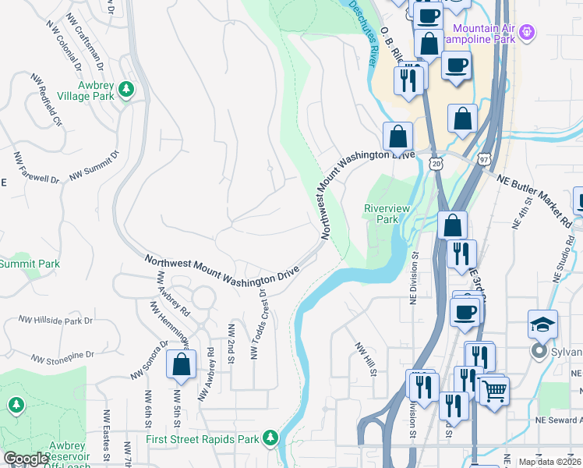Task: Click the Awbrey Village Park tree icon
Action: (125, 90)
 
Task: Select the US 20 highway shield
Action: (434, 163)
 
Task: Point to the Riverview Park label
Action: (381, 214)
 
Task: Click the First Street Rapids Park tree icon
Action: (270, 438)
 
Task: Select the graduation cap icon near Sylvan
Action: (542, 325)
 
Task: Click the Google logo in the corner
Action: (26, 459)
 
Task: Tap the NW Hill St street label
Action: (366, 358)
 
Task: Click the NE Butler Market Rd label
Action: (533, 199)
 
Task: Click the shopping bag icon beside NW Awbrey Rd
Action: (181, 367)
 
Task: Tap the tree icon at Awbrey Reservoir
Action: (16, 405)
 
